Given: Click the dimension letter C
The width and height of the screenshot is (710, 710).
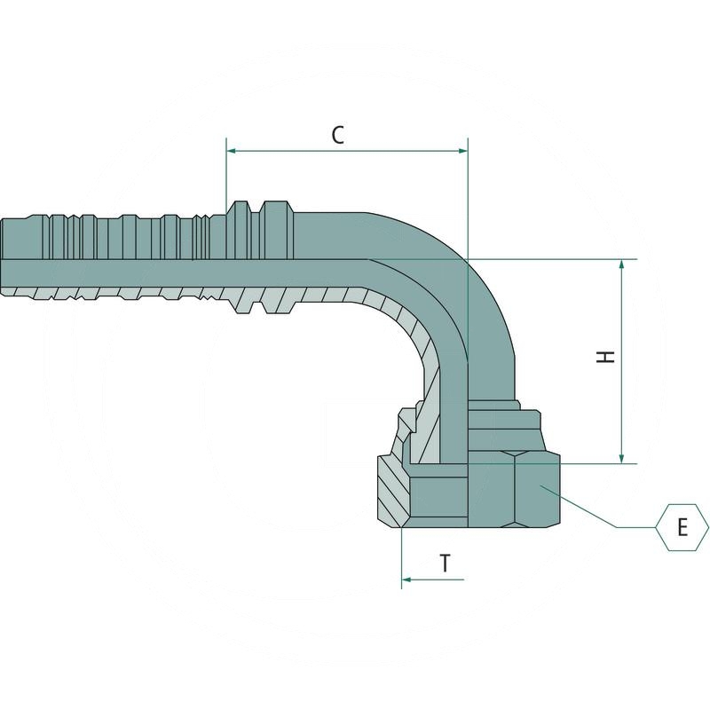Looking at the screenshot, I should coord(338,135).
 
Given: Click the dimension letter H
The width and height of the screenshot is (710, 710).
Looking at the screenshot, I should coord(606,357).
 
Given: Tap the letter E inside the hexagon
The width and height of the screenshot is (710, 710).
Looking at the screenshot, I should coord(682,527).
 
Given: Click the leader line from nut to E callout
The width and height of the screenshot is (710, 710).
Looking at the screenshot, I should coord(586,511).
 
